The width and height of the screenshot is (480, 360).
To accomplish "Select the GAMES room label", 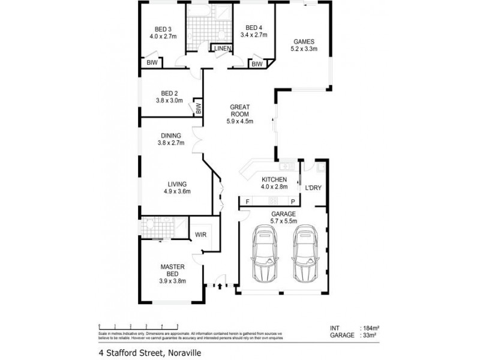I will [304, 41].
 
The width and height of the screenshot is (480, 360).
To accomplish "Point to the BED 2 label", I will [169, 93].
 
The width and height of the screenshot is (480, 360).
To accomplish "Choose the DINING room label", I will [170, 135].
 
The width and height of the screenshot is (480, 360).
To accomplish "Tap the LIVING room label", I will [177, 184].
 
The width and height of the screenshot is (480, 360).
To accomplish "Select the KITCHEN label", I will [274, 179].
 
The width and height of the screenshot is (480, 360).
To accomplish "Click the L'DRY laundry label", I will [313, 188].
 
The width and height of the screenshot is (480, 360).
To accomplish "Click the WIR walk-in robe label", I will [200, 235].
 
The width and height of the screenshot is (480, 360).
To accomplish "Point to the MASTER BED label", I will [172, 270].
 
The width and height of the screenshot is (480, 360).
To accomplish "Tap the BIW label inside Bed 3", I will [151, 62].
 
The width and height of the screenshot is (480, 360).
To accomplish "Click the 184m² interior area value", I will [371, 328].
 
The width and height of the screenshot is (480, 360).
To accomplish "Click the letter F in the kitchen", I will [247, 202].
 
